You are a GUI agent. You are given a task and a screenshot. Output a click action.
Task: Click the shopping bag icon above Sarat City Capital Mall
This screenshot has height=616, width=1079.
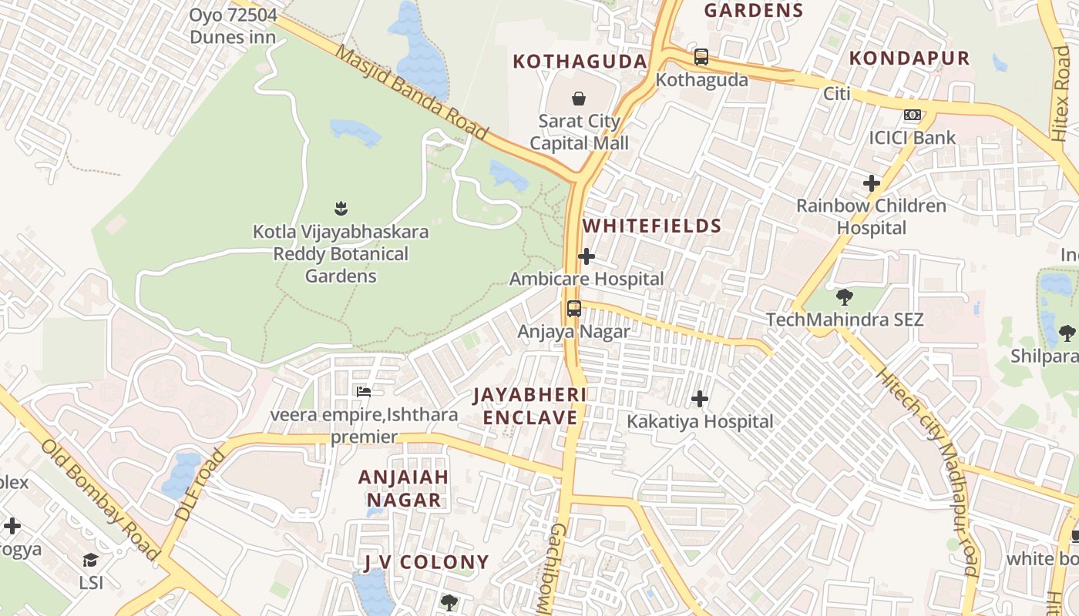[x=578, y=98]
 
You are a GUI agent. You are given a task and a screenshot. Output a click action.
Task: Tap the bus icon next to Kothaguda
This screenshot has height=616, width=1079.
[x=701, y=57]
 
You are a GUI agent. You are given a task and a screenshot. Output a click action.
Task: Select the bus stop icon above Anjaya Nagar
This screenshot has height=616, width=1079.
[x=573, y=309]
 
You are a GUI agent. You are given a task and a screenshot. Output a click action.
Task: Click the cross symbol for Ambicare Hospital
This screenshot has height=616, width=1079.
[x=587, y=256]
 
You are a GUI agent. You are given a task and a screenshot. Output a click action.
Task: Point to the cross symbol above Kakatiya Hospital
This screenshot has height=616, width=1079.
[x=700, y=399]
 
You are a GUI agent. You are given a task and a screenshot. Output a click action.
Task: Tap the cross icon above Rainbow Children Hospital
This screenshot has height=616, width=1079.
[x=872, y=183]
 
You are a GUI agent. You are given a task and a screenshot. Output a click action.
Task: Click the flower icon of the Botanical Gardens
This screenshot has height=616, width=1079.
[x=341, y=208]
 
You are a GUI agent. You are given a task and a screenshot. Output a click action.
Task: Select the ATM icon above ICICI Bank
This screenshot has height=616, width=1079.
[x=913, y=115]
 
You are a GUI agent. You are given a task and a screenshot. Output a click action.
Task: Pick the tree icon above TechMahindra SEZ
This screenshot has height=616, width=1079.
[x=845, y=296]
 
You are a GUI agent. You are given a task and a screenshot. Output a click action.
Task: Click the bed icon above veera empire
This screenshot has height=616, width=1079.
[x=364, y=392]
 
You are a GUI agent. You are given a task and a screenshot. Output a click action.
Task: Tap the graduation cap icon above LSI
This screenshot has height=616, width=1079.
[x=91, y=560]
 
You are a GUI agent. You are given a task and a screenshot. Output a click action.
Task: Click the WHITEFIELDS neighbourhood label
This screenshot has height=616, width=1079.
[x=652, y=226]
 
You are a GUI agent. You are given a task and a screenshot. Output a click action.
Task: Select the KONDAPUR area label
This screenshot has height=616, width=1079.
[x=909, y=59]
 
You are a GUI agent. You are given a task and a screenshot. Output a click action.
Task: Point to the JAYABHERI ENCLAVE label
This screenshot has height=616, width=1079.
[x=529, y=406]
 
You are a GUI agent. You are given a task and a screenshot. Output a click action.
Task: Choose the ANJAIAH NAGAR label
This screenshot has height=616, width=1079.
[x=403, y=488]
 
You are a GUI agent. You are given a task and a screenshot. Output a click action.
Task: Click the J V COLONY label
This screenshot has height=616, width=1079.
[x=426, y=562]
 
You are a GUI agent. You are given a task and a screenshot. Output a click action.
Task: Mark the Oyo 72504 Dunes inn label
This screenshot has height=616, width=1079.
[x=233, y=25]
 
